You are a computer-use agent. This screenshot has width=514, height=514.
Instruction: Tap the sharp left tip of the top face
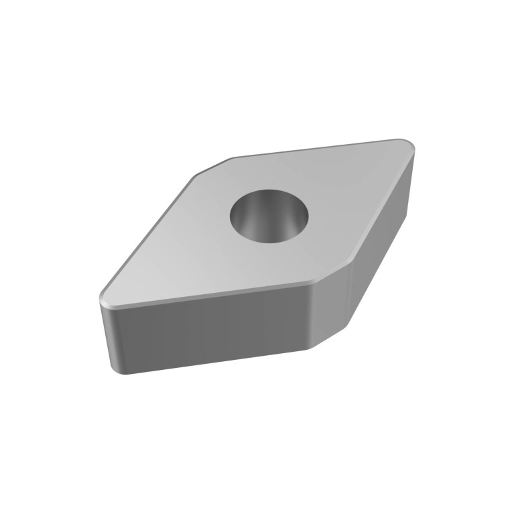[101, 296]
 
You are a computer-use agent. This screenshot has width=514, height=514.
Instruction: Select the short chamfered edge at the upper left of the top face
[213, 166]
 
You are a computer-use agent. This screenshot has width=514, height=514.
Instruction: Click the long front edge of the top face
[208, 293]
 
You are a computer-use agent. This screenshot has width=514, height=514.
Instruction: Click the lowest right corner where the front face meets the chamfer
[312, 349]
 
